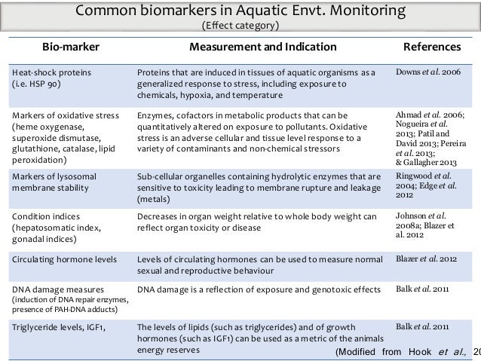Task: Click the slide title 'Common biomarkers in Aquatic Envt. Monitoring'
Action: pyautogui.click(x=240, y=12)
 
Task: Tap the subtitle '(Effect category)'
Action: pyautogui.click(x=240, y=27)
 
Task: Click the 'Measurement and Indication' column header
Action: pyautogui.click(x=262, y=47)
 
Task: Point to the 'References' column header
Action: pyautogui.click(x=432, y=47)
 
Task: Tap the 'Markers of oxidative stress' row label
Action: pyautogui.click(x=57, y=116)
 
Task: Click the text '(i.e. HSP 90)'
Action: pyautogui.click(x=37, y=84)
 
